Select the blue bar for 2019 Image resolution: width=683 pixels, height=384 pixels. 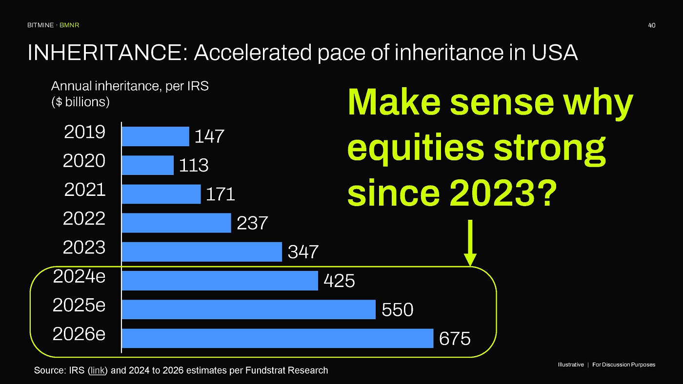156,136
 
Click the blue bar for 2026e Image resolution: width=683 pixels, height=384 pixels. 278,338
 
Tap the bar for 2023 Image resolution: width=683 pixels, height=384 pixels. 202,252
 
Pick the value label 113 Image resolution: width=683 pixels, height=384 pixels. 194,165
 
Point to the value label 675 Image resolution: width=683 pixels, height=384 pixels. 455,338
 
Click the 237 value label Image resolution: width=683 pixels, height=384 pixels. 252,223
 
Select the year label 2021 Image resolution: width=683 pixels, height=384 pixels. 85,190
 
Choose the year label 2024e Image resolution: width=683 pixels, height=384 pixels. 79,276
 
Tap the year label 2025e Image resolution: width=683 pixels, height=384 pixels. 79,305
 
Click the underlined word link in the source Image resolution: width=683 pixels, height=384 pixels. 98,370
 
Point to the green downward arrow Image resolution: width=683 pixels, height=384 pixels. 470,243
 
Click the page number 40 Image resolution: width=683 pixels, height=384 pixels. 652,25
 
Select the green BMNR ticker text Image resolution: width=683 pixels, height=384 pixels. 69,25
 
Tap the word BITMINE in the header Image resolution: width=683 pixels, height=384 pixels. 40,25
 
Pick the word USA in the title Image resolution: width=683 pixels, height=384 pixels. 555,52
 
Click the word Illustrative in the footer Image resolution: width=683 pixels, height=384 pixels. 571,365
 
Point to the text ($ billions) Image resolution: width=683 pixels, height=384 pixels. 80,102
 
